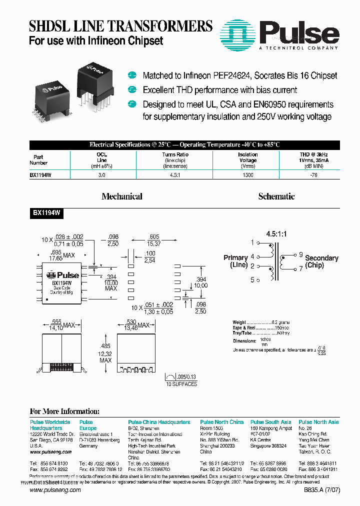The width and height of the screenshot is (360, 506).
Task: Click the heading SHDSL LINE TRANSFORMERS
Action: [120, 26]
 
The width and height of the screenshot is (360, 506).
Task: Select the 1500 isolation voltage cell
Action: [247, 175]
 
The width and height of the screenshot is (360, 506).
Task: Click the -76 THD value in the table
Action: [313, 175]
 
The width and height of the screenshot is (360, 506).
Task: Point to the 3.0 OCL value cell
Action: [101, 175]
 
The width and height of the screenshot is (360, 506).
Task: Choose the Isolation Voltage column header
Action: [247, 160]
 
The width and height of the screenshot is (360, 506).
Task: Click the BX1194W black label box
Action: [47, 212]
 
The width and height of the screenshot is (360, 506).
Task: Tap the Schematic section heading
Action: [276, 196]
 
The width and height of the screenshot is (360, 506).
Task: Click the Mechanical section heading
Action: [121, 196]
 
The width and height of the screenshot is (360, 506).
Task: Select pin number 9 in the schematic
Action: [300, 254]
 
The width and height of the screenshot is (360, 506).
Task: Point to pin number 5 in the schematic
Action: [252, 280]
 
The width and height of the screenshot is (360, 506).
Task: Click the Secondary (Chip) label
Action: [321, 261]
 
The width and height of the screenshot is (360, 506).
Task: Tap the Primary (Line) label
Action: [235, 261]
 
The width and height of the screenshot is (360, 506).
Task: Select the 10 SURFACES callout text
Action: [181, 384]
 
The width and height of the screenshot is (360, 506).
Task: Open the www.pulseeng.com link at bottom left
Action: [55, 490]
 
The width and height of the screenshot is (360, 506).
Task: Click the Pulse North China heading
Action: [221, 422]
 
